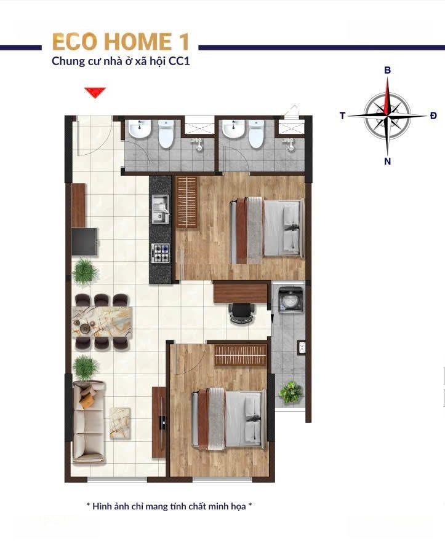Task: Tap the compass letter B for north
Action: pos(388,70)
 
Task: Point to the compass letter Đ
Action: pos(433,116)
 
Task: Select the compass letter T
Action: pos(342,116)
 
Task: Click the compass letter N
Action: pos(388,162)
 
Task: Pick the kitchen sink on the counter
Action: pos(161,209)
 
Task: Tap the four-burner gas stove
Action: pos(161,253)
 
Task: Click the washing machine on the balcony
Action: pos(291,300)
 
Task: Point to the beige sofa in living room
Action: pos(89,422)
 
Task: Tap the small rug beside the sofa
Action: pos(120,423)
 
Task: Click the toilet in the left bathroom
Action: pos(166,134)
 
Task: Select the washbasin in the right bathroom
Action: pos(233,129)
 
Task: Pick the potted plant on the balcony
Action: pos(291,392)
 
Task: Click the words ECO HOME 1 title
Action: pos(121,42)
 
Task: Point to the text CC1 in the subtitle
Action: pos(179,61)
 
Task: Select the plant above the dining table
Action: pos(85,272)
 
